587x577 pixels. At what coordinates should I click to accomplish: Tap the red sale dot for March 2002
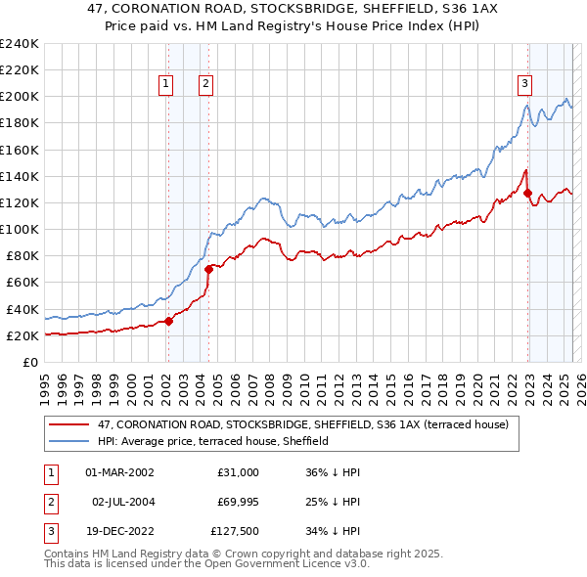click(x=168, y=320)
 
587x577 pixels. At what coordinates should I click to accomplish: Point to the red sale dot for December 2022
click(x=528, y=193)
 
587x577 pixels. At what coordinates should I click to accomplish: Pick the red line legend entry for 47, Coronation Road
click(x=302, y=425)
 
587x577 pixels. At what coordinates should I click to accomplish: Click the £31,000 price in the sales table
click(x=237, y=472)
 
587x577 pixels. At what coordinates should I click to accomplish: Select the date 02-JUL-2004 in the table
click(x=122, y=502)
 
